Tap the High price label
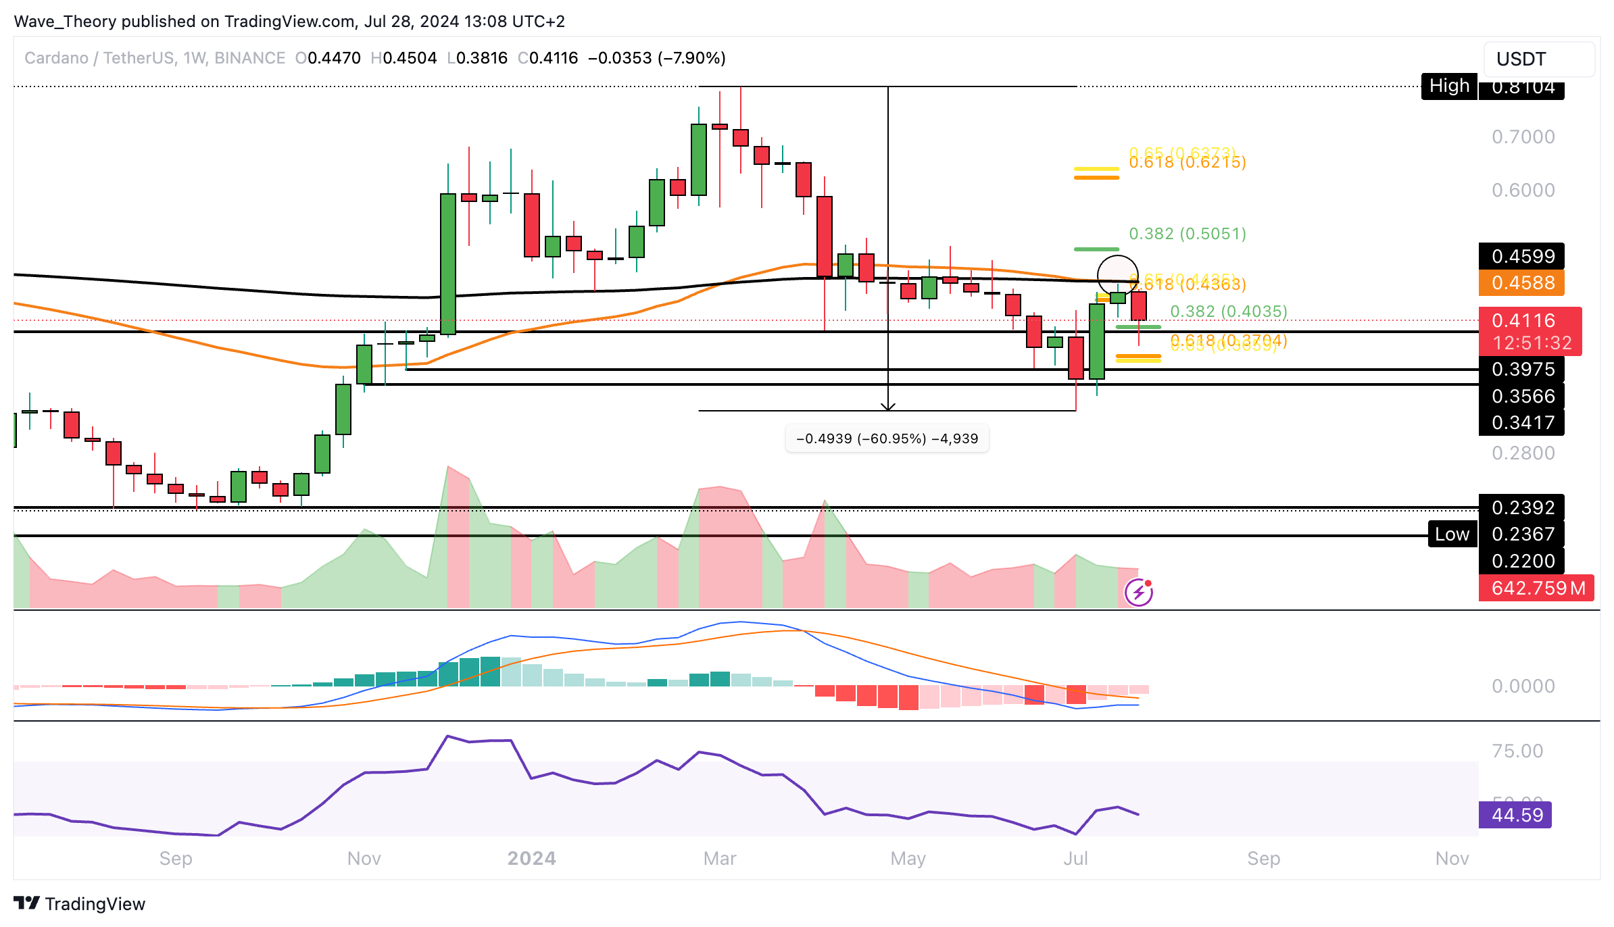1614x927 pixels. tap(1448, 86)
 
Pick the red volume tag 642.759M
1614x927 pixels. tap(1537, 588)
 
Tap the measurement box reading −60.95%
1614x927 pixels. tap(887, 439)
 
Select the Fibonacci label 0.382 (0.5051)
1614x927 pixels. tap(1188, 234)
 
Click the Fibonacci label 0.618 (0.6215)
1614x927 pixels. tap(1188, 162)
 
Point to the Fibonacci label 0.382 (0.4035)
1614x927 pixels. tap(1228, 311)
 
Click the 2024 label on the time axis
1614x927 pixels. tap(532, 858)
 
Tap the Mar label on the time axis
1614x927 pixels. tap(720, 858)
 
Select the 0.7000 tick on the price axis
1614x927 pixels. tap(1523, 136)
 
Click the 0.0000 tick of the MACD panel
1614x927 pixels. tap(1523, 686)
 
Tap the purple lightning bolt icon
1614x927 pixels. tap(1139, 593)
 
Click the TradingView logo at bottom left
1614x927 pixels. tap(80, 904)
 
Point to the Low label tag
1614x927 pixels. tap(1452, 534)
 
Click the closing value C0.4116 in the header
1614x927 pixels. tap(548, 58)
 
